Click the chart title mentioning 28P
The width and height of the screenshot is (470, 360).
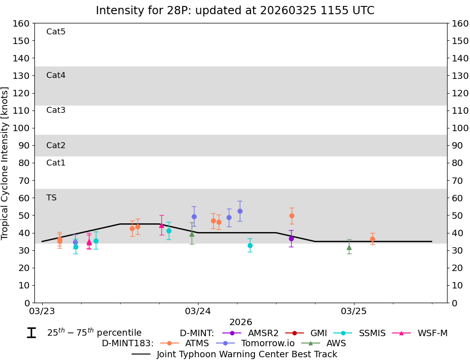click(235, 11)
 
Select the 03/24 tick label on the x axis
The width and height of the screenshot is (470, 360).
click(198, 311)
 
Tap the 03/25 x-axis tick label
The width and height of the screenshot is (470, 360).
click(354, 311)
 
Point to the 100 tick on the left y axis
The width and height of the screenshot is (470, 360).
click(23, 128)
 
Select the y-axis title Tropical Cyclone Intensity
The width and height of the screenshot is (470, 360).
click(6, 163)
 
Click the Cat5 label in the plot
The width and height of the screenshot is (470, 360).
click(56, 32)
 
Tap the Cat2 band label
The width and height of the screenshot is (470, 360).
click(56, 145)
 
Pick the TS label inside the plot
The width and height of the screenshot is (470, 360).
click(51, 198)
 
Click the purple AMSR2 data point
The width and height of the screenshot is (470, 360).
click(291, 238)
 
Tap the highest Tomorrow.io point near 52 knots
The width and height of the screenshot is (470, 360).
click(240, 211)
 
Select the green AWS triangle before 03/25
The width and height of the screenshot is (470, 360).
click(349, 247)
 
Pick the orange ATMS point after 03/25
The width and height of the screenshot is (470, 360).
click(372, 239)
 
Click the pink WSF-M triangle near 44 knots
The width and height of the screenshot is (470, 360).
click(161, 225)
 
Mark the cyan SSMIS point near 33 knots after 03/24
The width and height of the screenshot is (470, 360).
click(250, 245)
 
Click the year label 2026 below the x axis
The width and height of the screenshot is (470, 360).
click(241, 322)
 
